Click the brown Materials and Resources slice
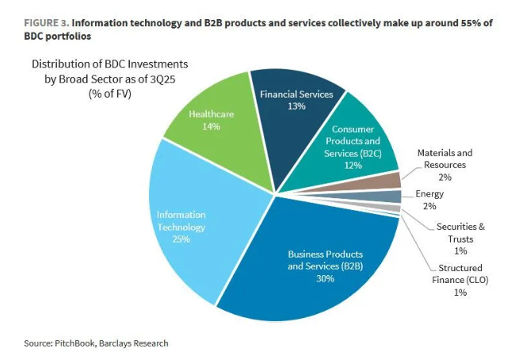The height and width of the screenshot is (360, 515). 388,181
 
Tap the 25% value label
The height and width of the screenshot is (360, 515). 181,239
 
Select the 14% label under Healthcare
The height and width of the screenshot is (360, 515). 212,126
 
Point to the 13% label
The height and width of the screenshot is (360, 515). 298,106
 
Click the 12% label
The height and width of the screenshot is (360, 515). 353,165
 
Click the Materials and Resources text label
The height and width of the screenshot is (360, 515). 444,159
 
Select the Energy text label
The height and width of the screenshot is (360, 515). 429,193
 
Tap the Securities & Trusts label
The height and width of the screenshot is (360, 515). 460,232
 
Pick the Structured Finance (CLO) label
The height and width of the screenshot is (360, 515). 460,274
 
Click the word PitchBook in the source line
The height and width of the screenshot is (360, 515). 74,343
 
